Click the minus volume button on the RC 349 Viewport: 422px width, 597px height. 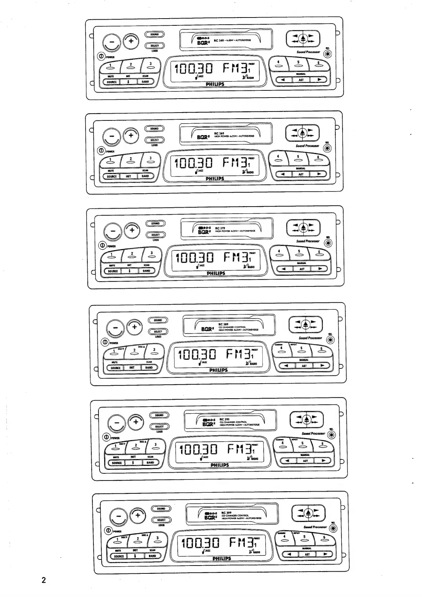pyautogui.click(x=112, y=42)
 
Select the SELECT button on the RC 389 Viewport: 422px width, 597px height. pyautogui.click(x=158, y=332)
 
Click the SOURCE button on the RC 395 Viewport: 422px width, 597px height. pyautogui.click(x=117, y=463)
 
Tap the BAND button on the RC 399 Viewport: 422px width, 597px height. pyautogui.click(x=152, y=556)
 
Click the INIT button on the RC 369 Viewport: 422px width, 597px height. pyautogui.click(x=128, y=176)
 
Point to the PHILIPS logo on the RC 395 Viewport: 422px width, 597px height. pyautogui.click(x=219, y=465)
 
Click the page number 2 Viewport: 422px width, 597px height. pyautogui.click(x=44, y=580)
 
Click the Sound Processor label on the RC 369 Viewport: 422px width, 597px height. pyautogui.click(x=307, y=146)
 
